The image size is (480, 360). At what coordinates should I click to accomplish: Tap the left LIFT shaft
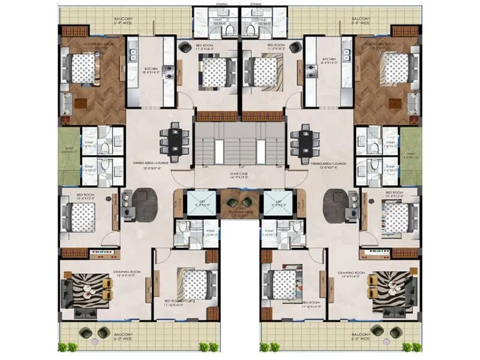(197, 203)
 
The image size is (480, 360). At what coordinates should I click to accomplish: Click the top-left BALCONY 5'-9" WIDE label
(123, 22)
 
